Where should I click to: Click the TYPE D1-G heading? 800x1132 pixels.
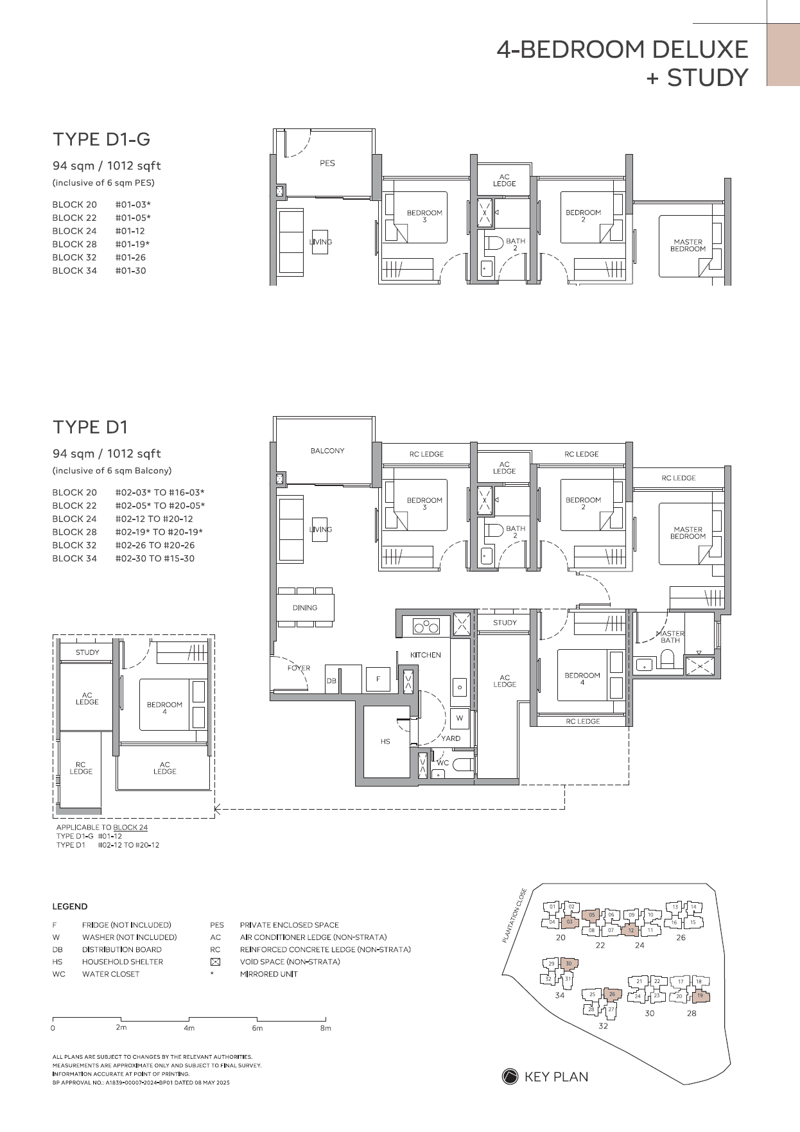point(101,139)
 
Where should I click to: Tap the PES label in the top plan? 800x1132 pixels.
point(327,163)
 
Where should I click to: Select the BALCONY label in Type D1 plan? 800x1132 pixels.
point(327,451)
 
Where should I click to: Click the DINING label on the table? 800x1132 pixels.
point(305,607)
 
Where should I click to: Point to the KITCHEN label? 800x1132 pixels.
point(426,655)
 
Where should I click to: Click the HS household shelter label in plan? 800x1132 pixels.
point(385,742)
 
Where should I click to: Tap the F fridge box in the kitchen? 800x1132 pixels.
point(378,679)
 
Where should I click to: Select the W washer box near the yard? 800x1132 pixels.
point(460,718)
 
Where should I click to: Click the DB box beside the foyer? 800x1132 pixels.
point(331,681)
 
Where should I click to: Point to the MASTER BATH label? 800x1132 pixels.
point(670,636)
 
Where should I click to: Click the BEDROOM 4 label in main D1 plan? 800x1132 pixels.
point(582,679)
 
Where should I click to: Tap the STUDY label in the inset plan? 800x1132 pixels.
point(87,652)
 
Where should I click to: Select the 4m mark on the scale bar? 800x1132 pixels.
point(189,1028)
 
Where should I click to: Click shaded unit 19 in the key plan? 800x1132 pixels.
point(700,996)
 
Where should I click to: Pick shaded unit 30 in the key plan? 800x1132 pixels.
point(568,964)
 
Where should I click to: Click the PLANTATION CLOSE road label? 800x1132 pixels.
point(514,915)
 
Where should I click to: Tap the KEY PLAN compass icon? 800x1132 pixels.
point(510,1077)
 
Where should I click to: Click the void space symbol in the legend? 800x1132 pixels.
point(216,962)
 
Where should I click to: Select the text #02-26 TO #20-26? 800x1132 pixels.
point(155,545)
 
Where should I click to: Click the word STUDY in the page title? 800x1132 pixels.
point(708,78)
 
